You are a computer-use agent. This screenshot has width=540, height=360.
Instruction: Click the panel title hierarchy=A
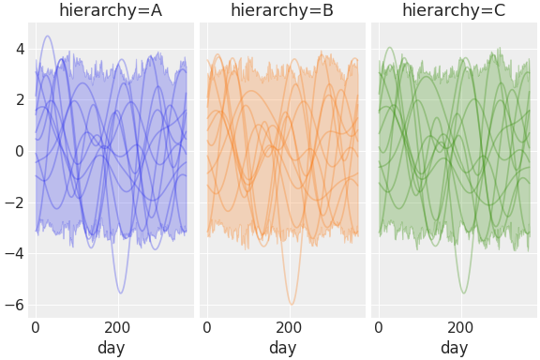[x=111, y=11]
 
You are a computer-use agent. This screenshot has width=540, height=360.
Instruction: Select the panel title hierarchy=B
[x=282, y=11]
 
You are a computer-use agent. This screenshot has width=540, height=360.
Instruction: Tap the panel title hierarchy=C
[x=454, y=11]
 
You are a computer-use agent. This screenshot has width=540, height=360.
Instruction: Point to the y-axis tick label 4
[x=18, y=49]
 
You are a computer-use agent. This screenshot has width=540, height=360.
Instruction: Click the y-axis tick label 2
[x=18, y=100]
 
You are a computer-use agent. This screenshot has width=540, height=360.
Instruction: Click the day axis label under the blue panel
[x=111, y=348]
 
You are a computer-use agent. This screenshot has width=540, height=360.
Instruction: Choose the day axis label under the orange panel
[x=282, y=348]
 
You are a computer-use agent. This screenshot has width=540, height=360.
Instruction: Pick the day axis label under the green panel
[x=454, y=348]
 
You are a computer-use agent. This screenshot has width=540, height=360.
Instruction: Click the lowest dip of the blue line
[x=120, y=293]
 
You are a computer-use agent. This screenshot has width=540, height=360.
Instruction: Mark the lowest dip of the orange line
[x=292, y=305]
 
